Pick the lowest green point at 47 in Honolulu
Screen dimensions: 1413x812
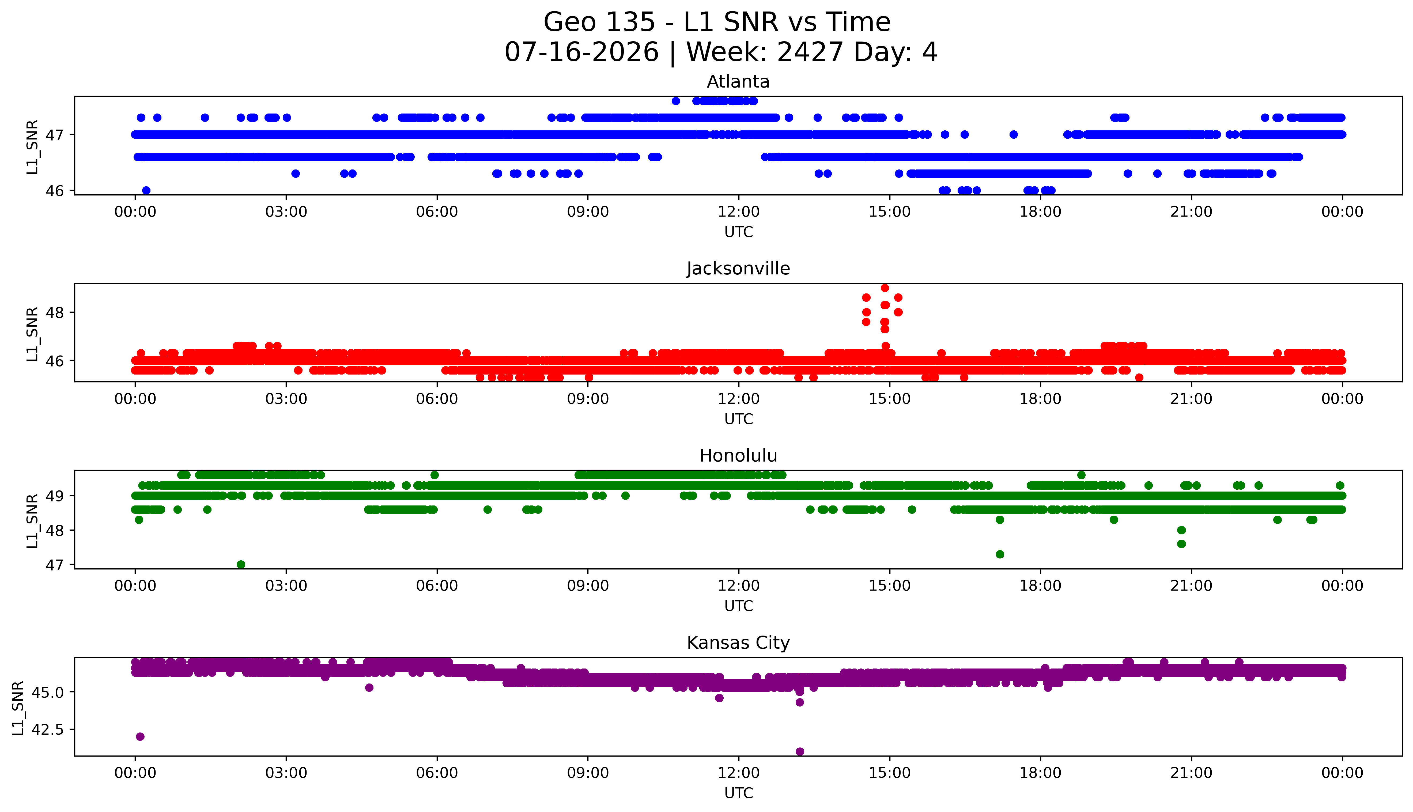241,564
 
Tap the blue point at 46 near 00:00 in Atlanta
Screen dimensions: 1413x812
146,190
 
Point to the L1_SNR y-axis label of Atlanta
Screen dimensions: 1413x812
32,147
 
